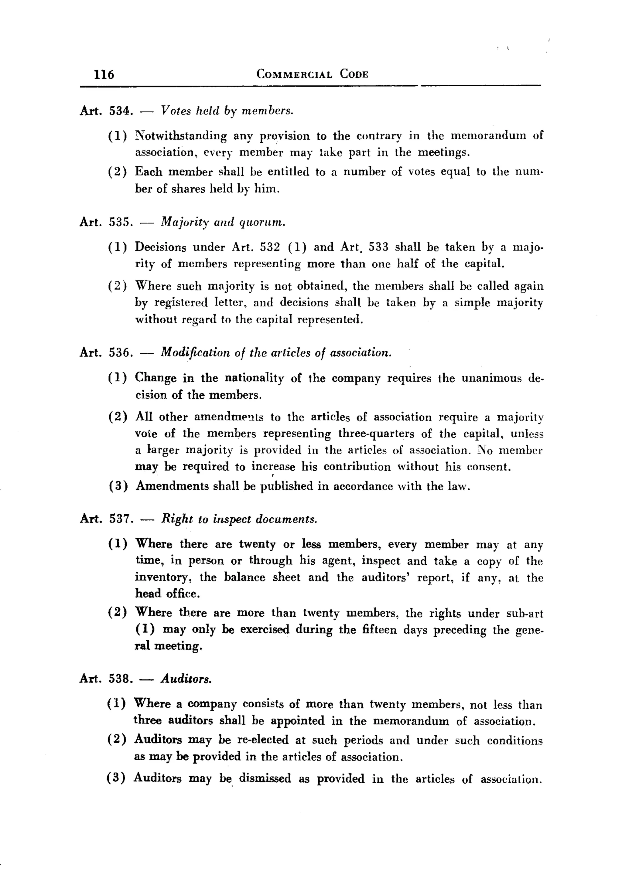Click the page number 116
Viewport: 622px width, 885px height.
click(104, 74)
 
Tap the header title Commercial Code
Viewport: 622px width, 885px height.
click(312, 74)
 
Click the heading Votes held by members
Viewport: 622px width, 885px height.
click(227, 111)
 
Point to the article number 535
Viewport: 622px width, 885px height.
click(120, 223)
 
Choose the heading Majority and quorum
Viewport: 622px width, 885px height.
click(223, 223)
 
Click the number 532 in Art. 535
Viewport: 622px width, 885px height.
click(270, 247)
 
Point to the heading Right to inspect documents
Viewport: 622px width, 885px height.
click(239, 519)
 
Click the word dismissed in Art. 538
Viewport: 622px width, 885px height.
click(265, 779)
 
